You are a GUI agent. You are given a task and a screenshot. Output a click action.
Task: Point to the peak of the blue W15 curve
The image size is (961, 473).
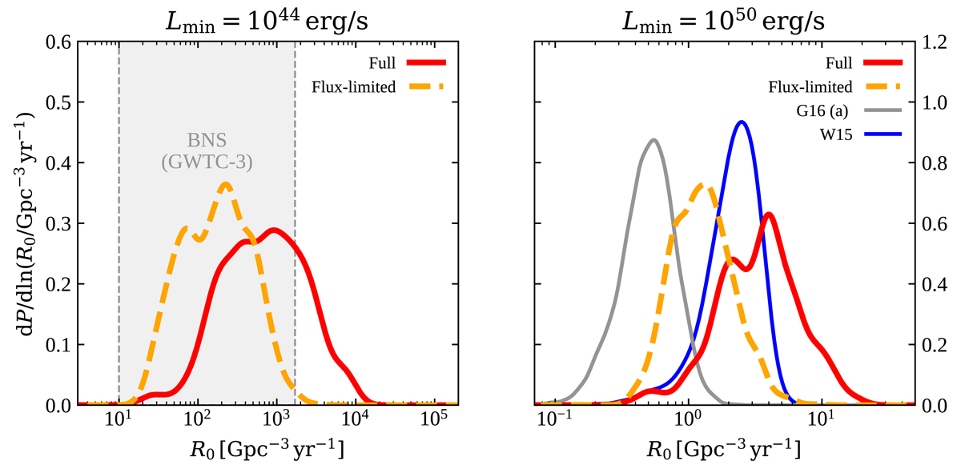742,122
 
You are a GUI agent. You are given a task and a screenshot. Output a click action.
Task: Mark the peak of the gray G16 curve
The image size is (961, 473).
654,140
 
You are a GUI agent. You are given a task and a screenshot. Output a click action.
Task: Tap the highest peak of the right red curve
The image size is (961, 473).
769,214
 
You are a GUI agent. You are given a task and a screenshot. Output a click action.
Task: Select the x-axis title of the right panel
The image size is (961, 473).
724,451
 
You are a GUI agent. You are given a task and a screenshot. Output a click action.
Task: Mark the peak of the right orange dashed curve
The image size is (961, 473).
703,185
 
